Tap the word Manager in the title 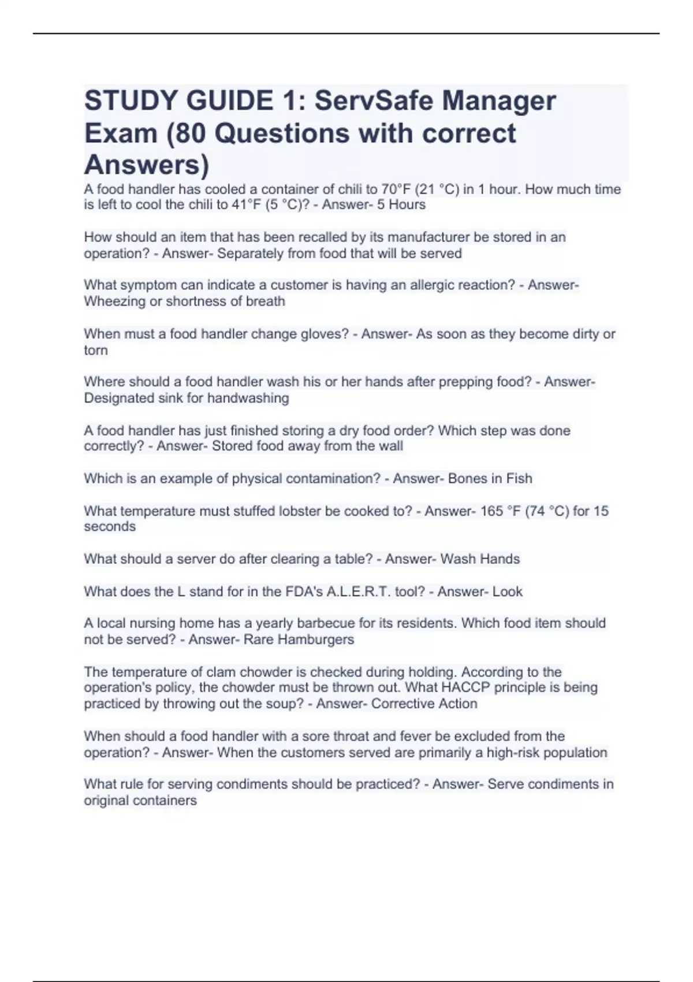point(500,101)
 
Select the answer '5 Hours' point(401,205)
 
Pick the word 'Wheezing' point(113,302)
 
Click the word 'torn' point(96,351)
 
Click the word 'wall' point(390,447)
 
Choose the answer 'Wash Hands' point(479,559)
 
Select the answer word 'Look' point(508,592)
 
